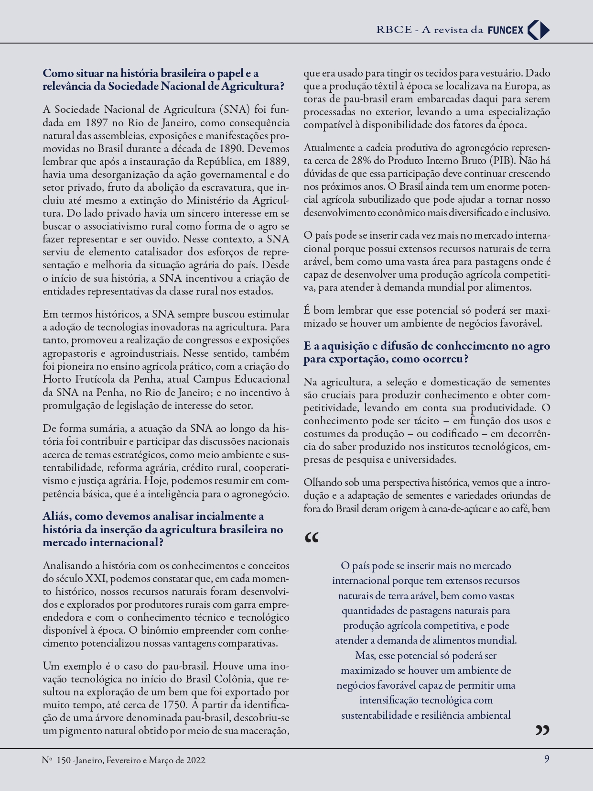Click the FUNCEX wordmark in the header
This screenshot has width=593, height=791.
tap(506, 30)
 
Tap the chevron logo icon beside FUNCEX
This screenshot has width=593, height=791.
tap(539, 30)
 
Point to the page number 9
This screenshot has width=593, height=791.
tap(547, 759)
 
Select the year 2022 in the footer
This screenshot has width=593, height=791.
tap(196, 760)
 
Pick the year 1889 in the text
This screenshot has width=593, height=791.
tap(276, 161)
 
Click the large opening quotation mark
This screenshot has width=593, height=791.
tap(312, 538)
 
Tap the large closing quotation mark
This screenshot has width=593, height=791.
tap(542, 729)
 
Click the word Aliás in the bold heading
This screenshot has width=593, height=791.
tap(57, 516)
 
